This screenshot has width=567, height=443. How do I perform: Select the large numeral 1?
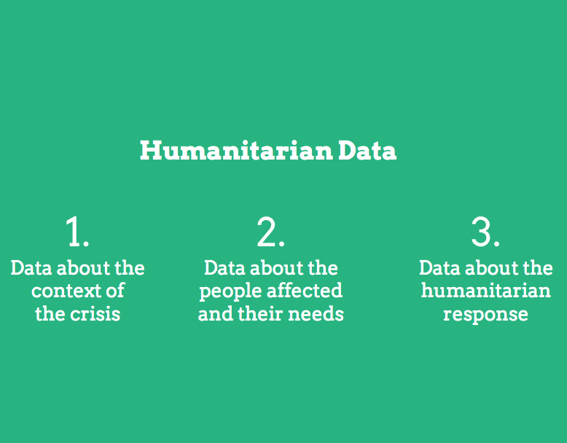pos(77,232)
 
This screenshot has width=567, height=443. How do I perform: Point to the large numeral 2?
pos(270,232)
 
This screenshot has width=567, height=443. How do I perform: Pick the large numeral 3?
pos(485,232)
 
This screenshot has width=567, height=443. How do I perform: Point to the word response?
pos(485,314)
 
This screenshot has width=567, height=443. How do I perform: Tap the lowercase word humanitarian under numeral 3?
pos(485,291)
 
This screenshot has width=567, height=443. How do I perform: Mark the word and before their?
pos(215,314)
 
